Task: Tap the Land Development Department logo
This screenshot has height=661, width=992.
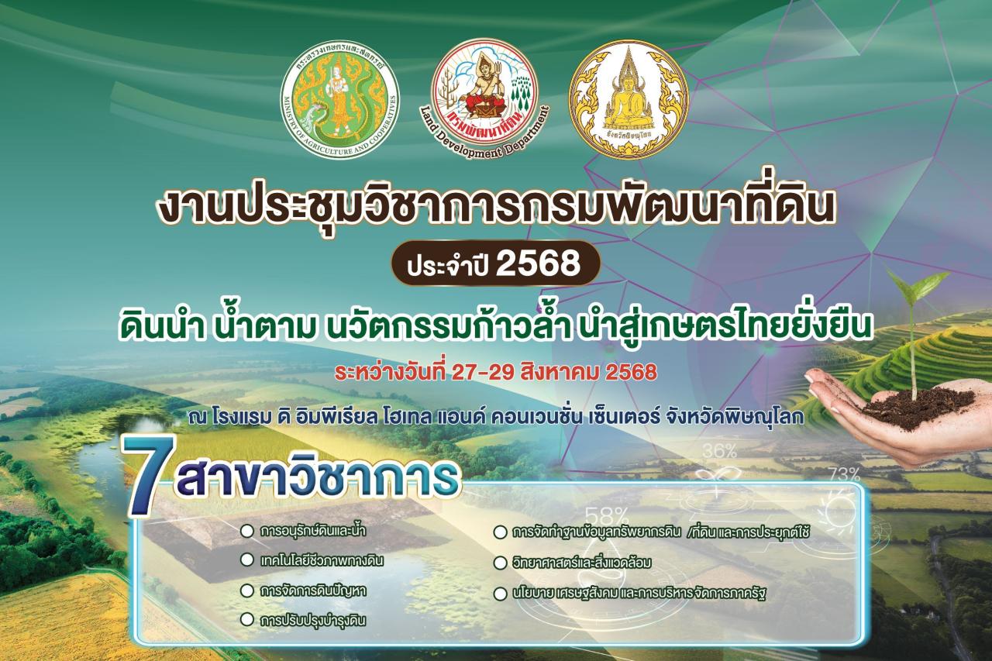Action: point(485,97)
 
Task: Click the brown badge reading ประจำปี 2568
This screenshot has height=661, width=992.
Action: point(495,263)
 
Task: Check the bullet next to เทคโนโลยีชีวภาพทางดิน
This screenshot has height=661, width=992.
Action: point(247,559)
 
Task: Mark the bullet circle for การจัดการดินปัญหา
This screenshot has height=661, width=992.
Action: point(247,590)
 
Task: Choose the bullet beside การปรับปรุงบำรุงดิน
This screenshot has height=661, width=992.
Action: point(247,619)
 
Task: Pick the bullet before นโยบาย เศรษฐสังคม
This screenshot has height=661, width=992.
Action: point(500,594)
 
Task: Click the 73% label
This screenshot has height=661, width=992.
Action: point(843,473)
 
